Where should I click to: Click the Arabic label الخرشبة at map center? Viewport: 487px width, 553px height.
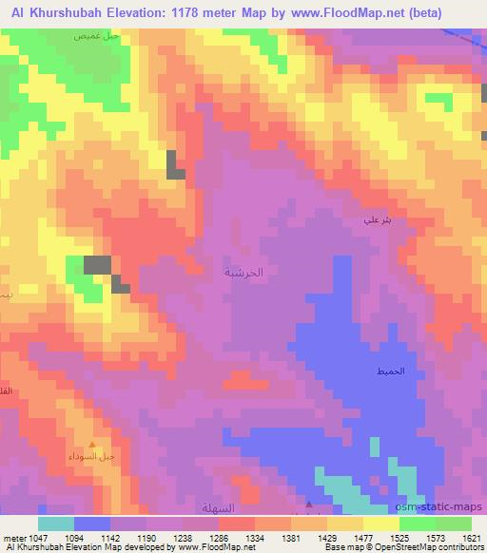[243, 272]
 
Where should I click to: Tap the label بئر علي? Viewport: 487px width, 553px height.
[377, 220]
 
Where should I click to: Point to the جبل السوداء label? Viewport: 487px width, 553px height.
[96, 456]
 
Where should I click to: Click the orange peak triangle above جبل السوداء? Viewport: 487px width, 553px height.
[92, 444]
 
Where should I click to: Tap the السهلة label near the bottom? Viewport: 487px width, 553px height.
[218, 508]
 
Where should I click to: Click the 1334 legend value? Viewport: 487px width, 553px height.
[256, 537]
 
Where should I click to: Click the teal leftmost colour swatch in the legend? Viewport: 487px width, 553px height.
[56, 524]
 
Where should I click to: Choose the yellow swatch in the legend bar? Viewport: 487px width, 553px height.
[381, 524]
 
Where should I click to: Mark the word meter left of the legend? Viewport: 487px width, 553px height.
[12, 537]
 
